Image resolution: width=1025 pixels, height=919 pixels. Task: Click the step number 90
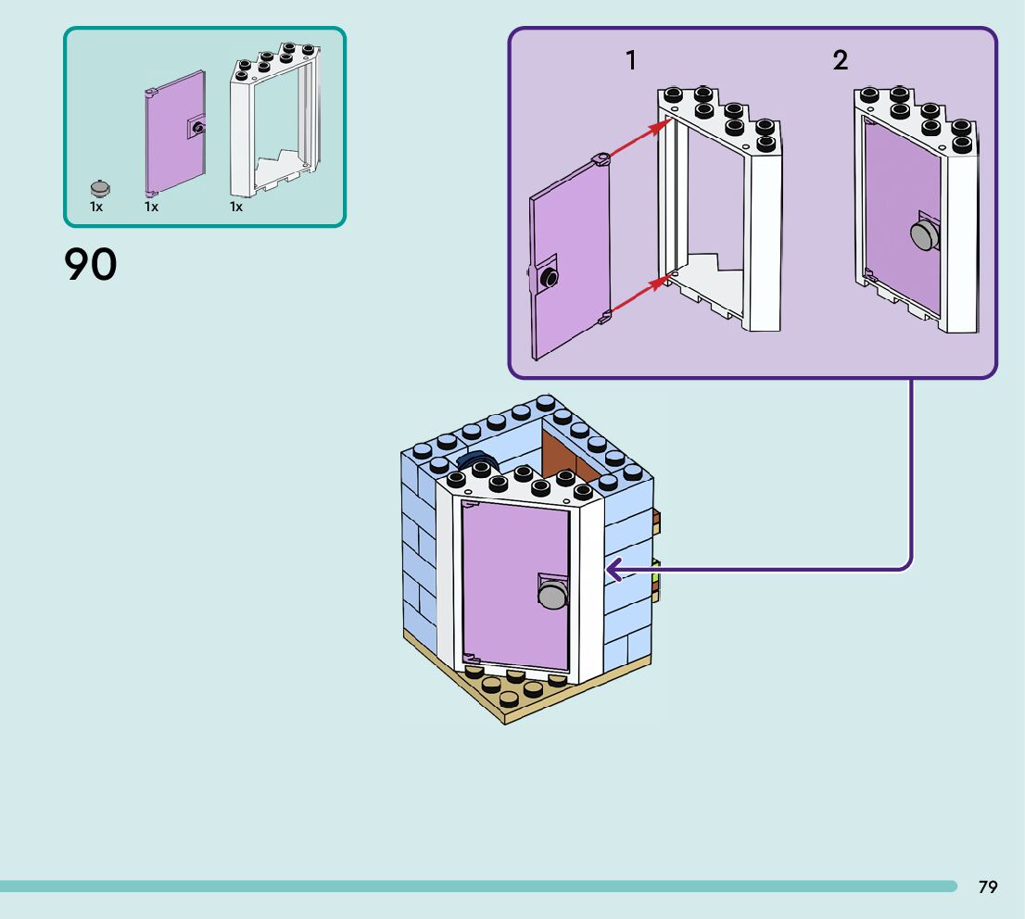[x=91, y=264]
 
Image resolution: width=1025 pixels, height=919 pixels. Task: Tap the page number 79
[x=988, y=887]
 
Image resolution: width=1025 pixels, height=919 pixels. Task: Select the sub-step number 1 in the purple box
[x=631, y=61]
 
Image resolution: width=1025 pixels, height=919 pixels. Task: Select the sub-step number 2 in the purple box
[x=840, y=61]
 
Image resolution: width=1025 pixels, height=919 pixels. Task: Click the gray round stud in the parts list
[x=100, y=188]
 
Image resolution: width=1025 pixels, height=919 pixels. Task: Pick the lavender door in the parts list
[x=174, y=134]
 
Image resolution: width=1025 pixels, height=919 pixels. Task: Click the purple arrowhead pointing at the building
[x=613, y=570]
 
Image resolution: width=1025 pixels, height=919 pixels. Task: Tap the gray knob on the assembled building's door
[x=552, y=594]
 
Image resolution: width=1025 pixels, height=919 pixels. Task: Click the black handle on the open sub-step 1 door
[x=550, y=275]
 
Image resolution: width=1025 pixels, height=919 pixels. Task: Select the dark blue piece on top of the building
[x=478, y=459]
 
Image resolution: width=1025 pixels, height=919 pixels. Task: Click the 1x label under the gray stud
[x=96, y=208]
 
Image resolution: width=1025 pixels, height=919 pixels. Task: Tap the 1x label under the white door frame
[x=236, y=208]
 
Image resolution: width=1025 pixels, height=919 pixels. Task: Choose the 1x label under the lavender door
[x=151, y=208]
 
